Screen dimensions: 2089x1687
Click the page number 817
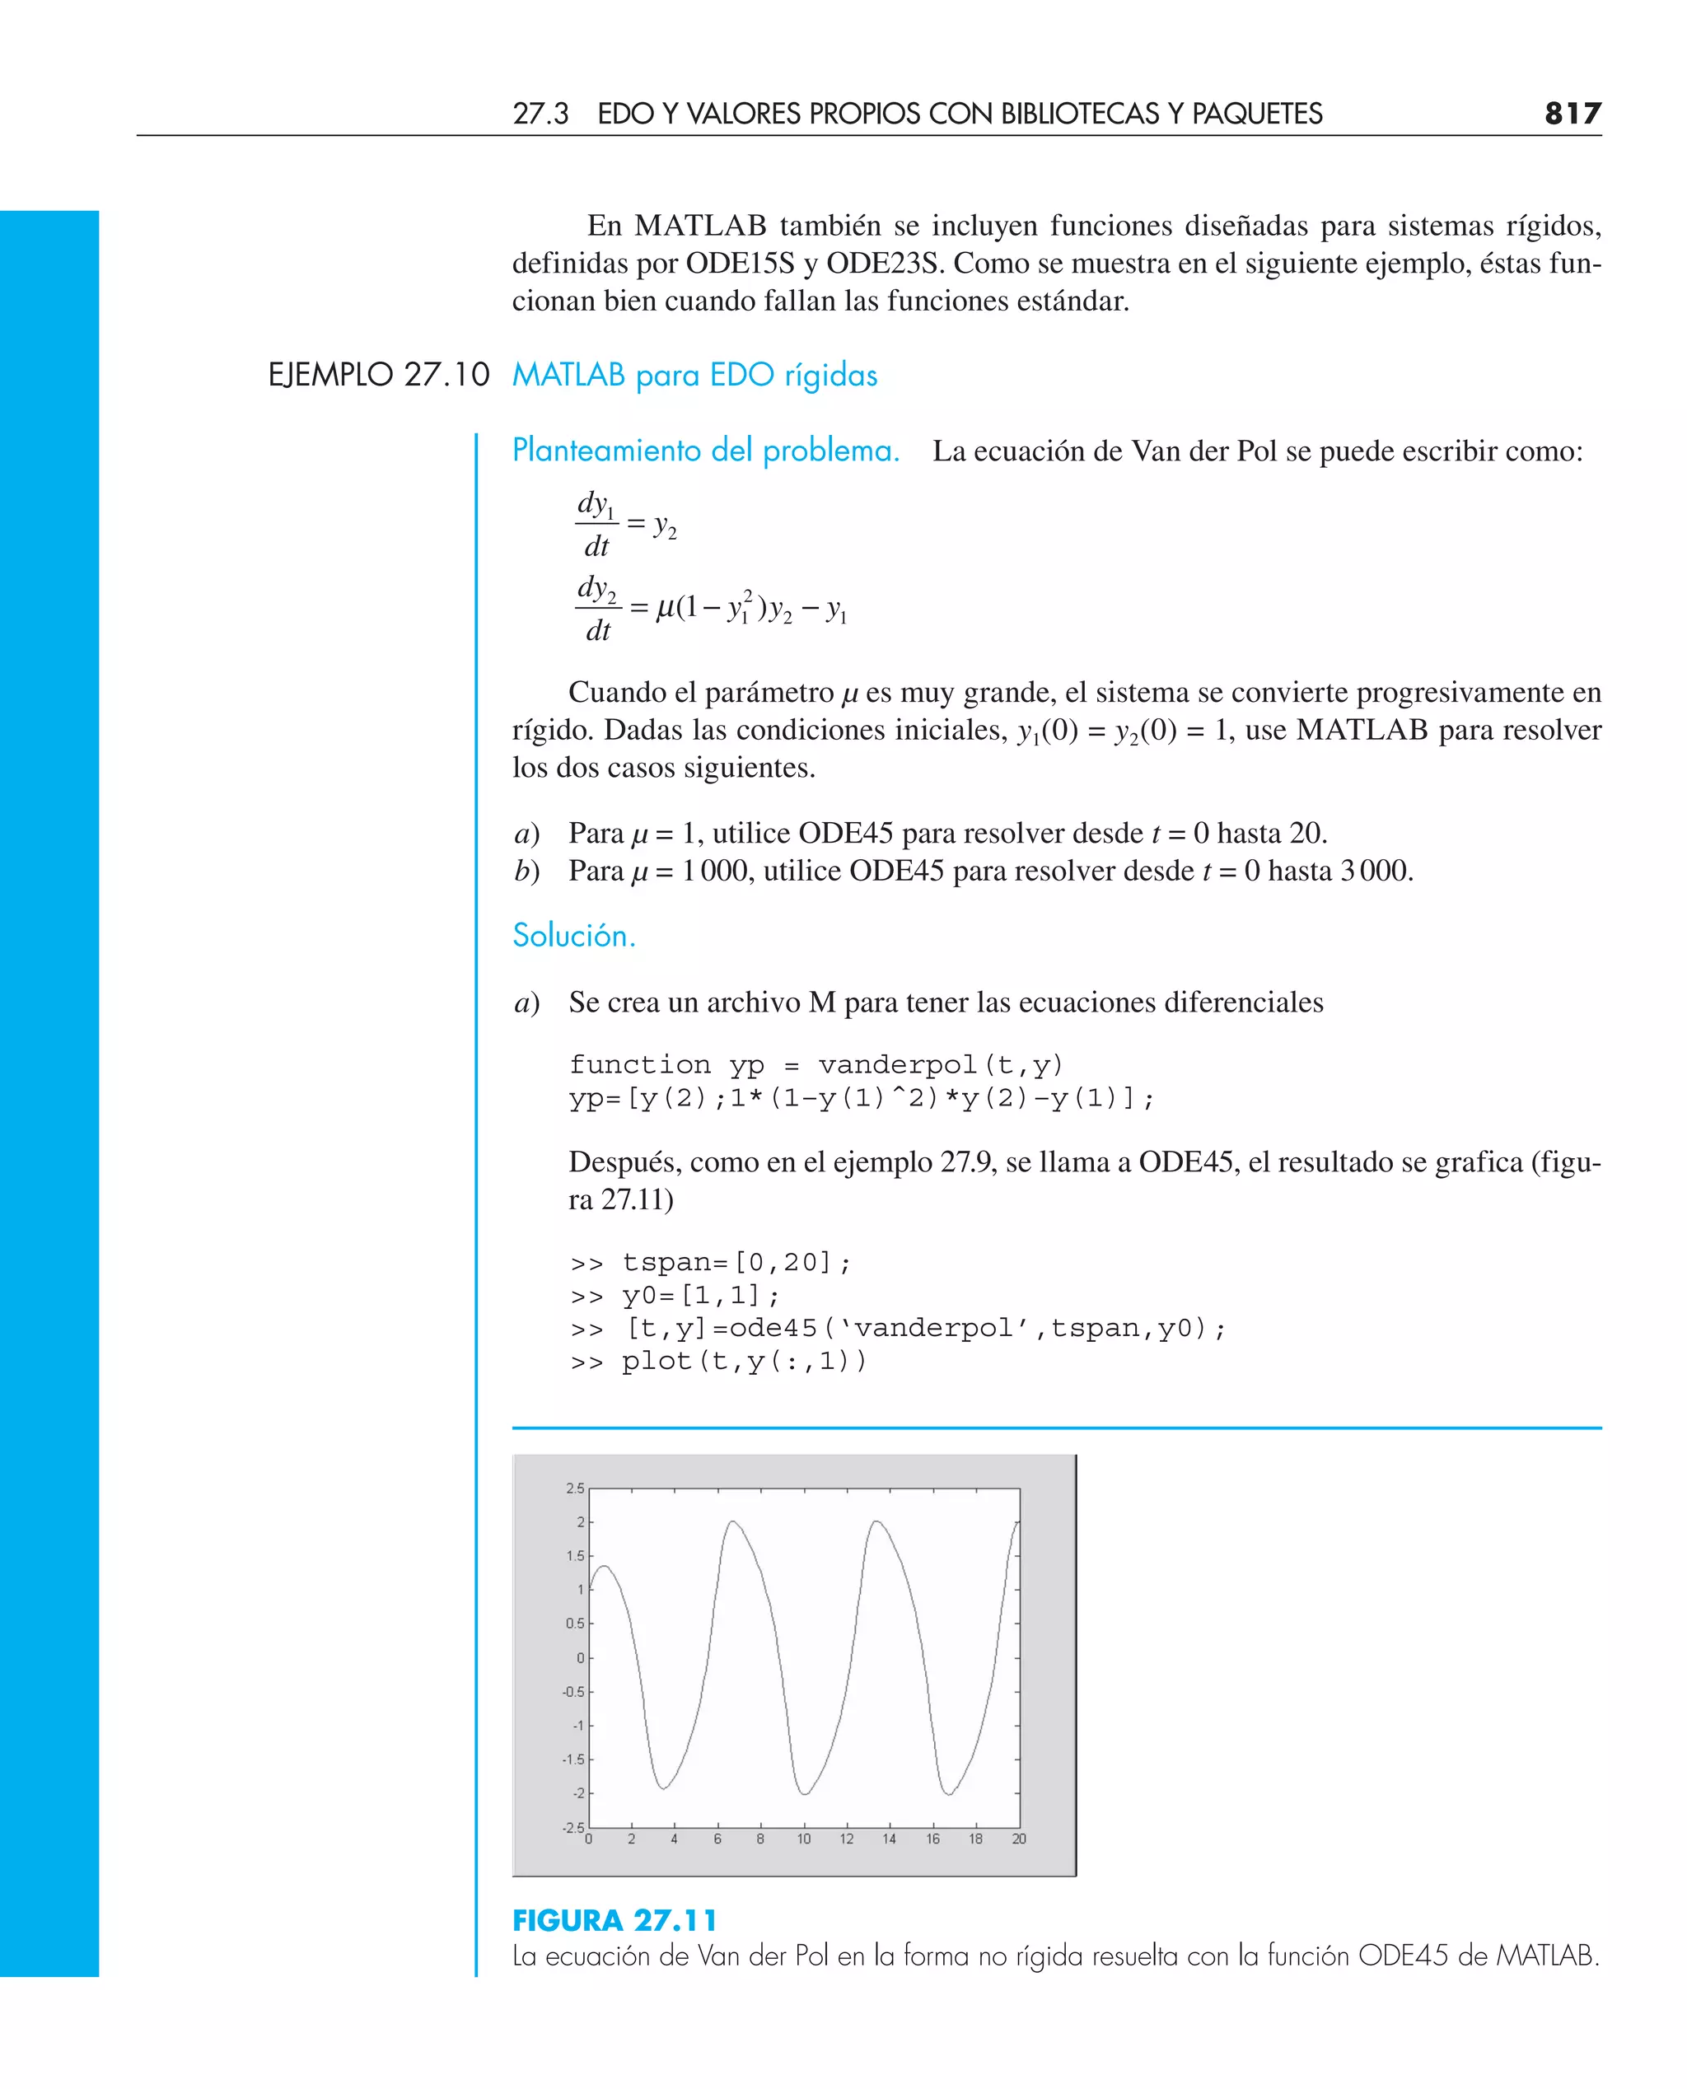[1572, 114]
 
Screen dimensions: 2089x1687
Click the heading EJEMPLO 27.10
[378, 375]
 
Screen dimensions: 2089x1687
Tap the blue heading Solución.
[573, 935]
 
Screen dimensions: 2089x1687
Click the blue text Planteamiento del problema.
[705, 451]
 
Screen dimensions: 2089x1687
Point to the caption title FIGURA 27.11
[615, 1920]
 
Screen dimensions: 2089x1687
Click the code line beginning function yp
[816, 1065]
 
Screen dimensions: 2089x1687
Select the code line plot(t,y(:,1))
[718, 1362]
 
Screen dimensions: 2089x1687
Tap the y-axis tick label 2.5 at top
[574, 1488]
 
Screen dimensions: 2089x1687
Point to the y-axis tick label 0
[580, 1657]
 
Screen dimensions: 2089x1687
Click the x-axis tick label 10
[804, 1839]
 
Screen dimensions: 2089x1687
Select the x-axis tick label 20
[1018, 1839]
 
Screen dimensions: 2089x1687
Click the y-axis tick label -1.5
[573, 1760]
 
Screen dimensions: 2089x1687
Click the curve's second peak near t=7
[733, 1521]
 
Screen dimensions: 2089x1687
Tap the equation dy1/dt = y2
[625, 525]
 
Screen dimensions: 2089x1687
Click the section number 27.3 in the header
[540, 114]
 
